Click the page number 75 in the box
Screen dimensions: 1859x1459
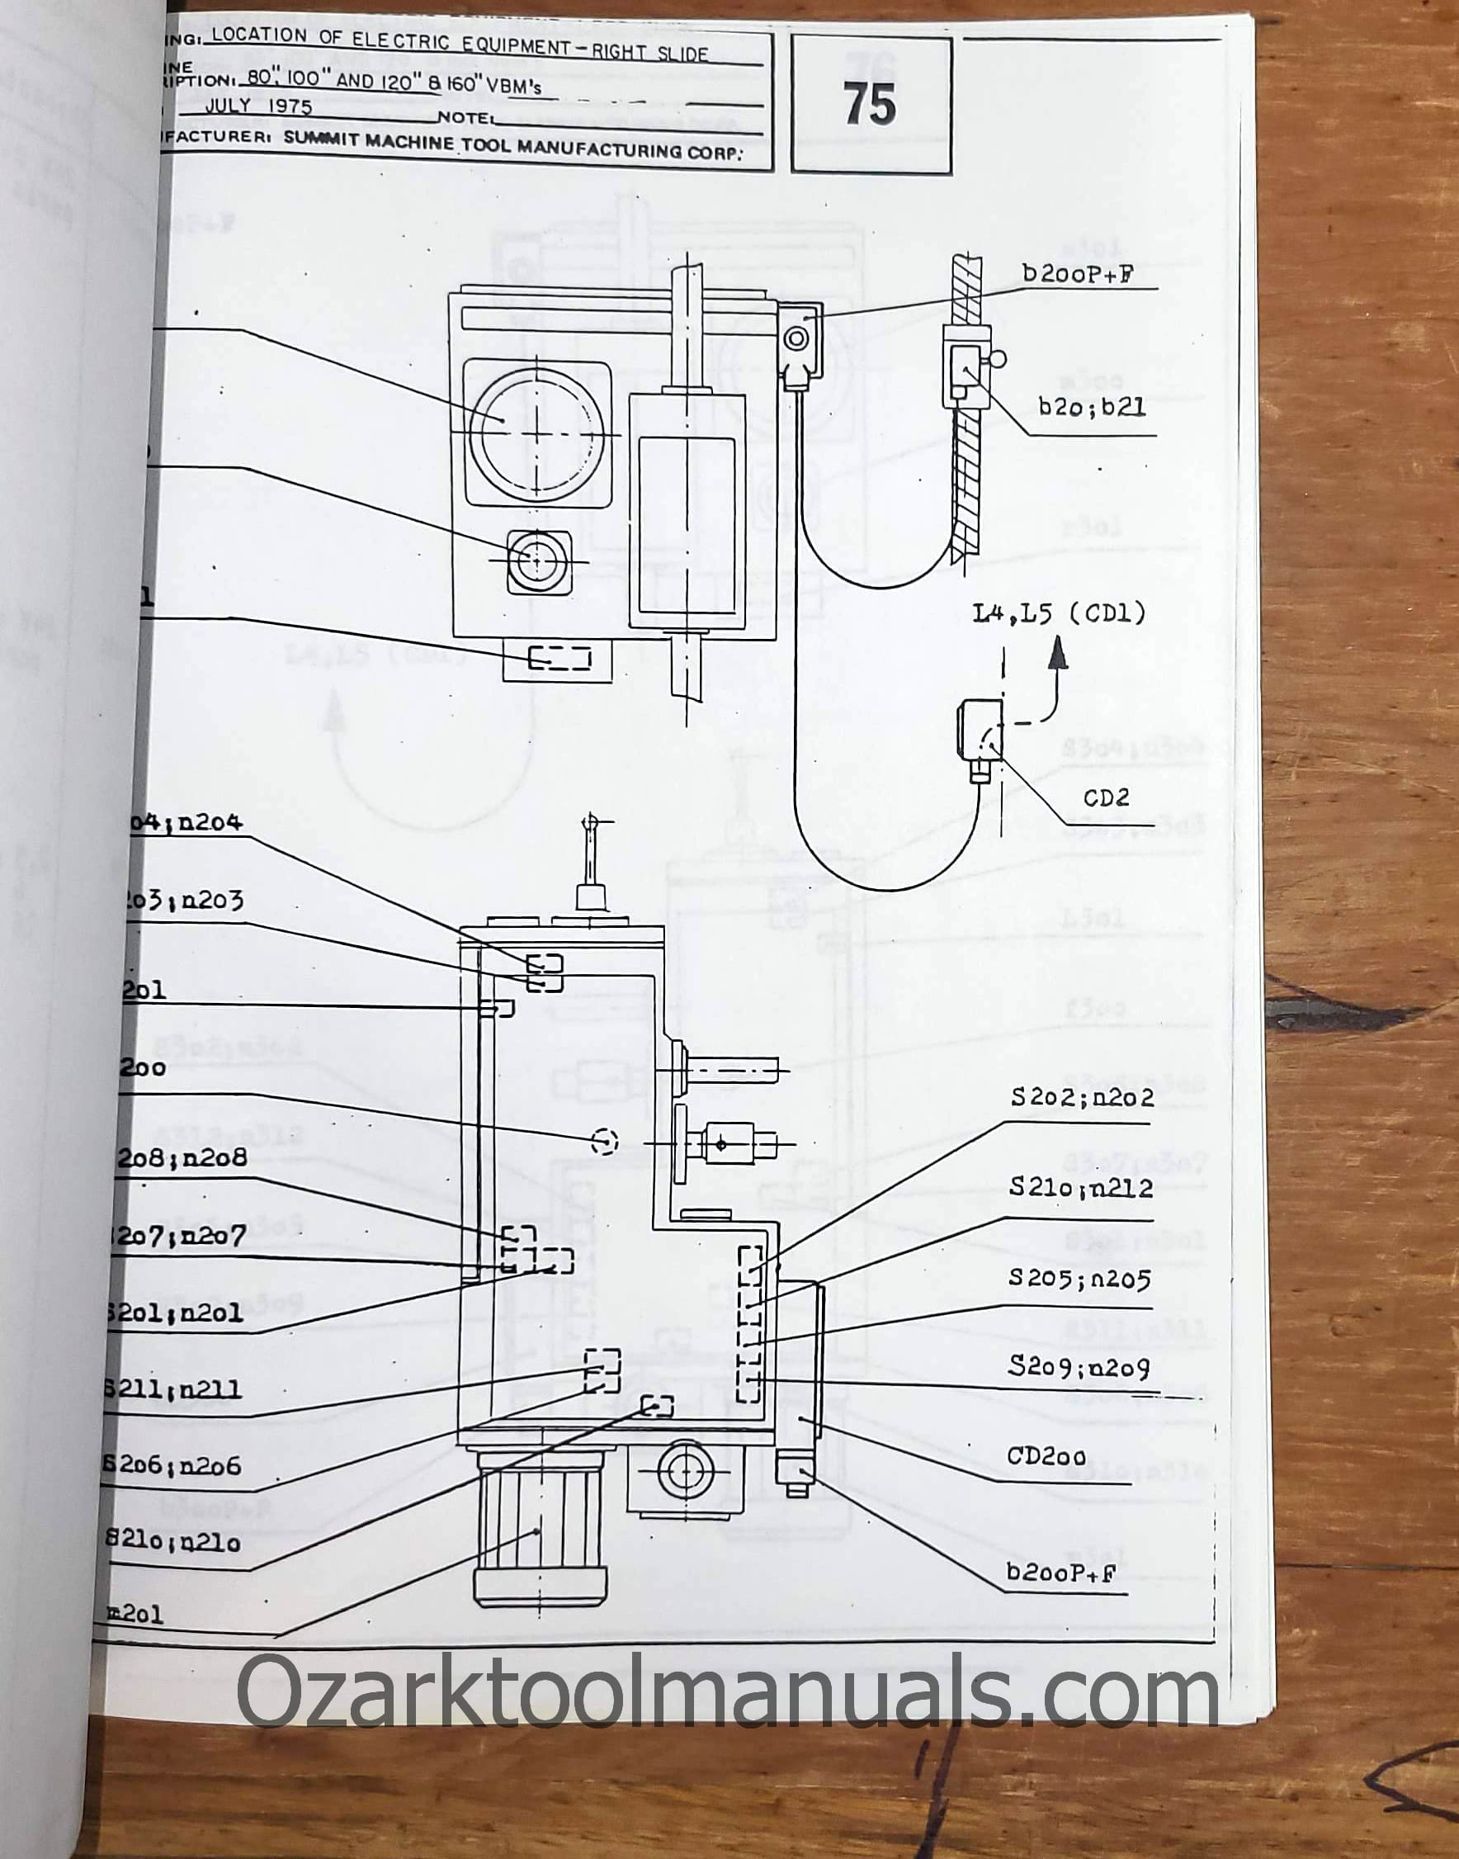pos(871,105)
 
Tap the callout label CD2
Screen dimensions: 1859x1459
pos(1106,797)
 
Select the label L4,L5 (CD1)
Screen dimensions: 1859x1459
pos(1060,613)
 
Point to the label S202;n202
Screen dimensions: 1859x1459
pos(1081,1097)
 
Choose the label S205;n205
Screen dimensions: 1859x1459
pos(1079,1278)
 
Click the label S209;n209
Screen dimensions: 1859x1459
pos(1079,1367)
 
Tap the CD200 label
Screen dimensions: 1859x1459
pos(1046,1456)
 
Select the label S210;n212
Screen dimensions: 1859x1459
pos(1080,1188)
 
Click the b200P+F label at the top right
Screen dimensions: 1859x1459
pos(1078,274)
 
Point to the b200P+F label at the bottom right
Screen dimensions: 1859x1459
pos(1061,1573)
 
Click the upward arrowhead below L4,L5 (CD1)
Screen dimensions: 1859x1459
pos(1059,656)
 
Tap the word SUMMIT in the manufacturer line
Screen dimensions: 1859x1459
pos(322,139)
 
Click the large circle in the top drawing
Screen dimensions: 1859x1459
pos(536,434)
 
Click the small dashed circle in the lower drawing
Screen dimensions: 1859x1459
pos(604,1141)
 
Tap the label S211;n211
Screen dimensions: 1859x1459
pos(173,1389)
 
